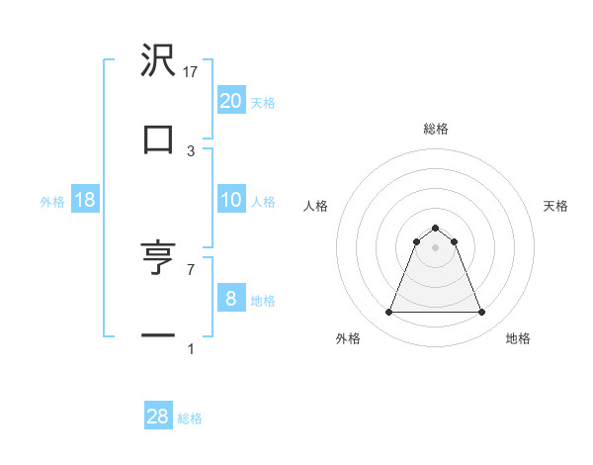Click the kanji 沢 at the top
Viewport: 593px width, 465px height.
pos(158,61)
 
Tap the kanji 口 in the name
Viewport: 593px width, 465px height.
pos(158,139)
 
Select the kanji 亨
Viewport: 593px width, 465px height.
pos(158,259)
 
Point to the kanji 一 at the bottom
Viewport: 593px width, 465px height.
pos(158,336)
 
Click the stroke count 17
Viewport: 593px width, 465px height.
pos(192,71)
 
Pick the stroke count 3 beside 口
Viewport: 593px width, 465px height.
pos(192,150)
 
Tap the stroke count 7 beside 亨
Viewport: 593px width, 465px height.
pos(192,269)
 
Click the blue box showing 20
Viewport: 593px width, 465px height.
pos(230,100)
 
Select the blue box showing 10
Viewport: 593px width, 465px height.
pos(230,200)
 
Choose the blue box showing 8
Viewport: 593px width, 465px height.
pos(230,298)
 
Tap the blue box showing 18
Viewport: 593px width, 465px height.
pos(85,200)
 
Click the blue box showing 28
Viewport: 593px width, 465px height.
pos(158,417)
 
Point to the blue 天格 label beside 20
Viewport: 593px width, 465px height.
pos(263,102)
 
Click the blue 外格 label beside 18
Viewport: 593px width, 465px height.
pos(52,201)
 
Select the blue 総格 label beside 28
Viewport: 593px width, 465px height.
pos(190,418)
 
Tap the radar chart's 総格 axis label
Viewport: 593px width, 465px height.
pos(436,129)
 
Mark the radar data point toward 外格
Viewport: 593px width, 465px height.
pos(389,313)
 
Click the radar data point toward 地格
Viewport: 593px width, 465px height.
pos(482,313)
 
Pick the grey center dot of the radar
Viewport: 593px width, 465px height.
pos(436,247)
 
